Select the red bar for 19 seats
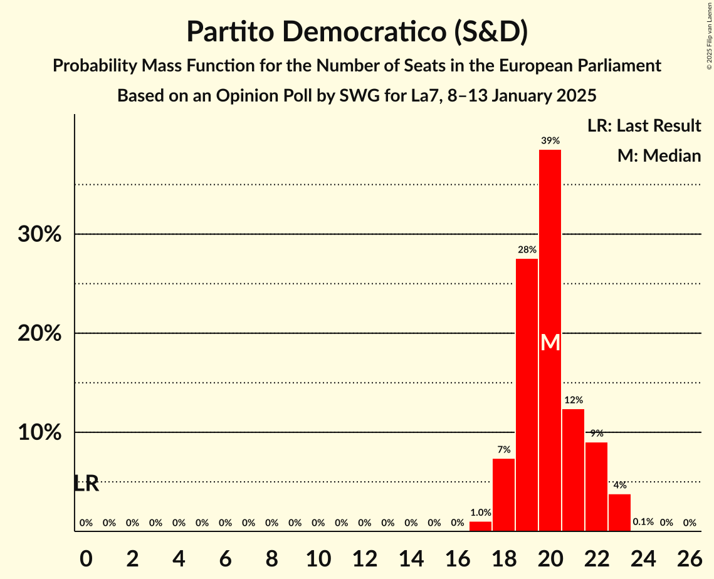527,395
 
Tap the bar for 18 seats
503,495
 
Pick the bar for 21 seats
573,470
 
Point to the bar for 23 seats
619,513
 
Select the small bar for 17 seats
480,526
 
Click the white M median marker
550,342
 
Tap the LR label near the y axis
86,484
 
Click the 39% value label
550,140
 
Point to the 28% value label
527,249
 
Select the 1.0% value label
480,513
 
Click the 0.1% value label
643,522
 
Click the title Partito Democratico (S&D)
357,32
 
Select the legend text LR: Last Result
644,126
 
